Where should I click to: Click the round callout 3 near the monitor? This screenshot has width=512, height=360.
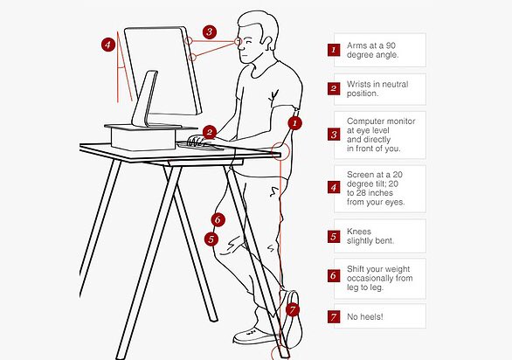click(x=210, y=32)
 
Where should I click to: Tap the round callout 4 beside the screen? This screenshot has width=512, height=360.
click(x=108, y=45)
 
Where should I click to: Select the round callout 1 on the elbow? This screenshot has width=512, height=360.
click(x=294, y=123)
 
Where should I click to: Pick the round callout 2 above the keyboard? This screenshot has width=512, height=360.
click(x=210, y=132)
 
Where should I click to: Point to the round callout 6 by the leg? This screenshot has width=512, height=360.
click(x=218, y=219)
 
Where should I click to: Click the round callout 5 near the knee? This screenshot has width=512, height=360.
click(x=211, y=239)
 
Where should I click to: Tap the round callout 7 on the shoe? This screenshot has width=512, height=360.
click(x=292, y=309)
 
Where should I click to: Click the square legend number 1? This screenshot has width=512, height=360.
click(x=334, y=50)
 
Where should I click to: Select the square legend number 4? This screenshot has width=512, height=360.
click(x=334, y=188)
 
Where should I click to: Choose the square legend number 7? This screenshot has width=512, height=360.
click(x=334, y=317)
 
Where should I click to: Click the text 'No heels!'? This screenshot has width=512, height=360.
click(x=364, y=316)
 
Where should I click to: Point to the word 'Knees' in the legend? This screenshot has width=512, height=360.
click(x=359, y=232)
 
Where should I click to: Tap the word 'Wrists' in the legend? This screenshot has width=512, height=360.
click(x=358, y=84)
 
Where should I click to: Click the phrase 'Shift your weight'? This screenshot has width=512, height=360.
click(x=378, y=269)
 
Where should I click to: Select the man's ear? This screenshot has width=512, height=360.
click(x=266, y=43)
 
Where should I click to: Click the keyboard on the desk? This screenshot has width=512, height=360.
click(x=199, y=146)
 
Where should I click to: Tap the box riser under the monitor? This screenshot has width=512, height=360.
click(x=143, y=139)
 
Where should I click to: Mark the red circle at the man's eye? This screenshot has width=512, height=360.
click(x=238, y=42)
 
